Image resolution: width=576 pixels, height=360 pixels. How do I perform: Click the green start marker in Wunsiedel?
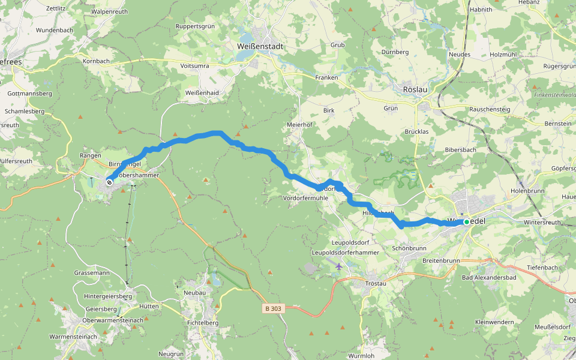[x=466, y=222]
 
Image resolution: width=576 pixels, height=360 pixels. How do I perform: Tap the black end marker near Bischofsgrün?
[x=109, y=182]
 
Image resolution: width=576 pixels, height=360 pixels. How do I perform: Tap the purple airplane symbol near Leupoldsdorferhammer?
[x=339, y=266]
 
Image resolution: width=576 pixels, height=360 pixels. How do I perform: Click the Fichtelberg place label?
[x=202, y=322]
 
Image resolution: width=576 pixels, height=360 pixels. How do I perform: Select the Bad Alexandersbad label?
[x=489, y=277]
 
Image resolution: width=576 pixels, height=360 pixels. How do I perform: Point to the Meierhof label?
[x=301, y=124]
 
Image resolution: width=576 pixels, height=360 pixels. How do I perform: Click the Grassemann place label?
[x=92, y=272]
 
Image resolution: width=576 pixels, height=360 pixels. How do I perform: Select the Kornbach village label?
[x=96, y=61]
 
